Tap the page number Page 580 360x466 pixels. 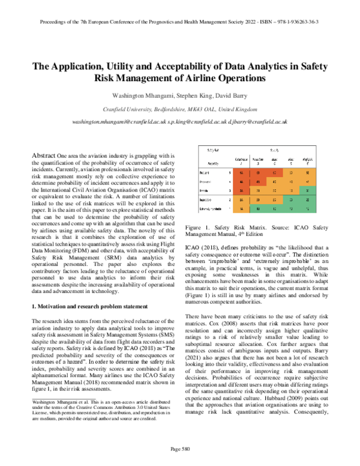coord(179,449)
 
